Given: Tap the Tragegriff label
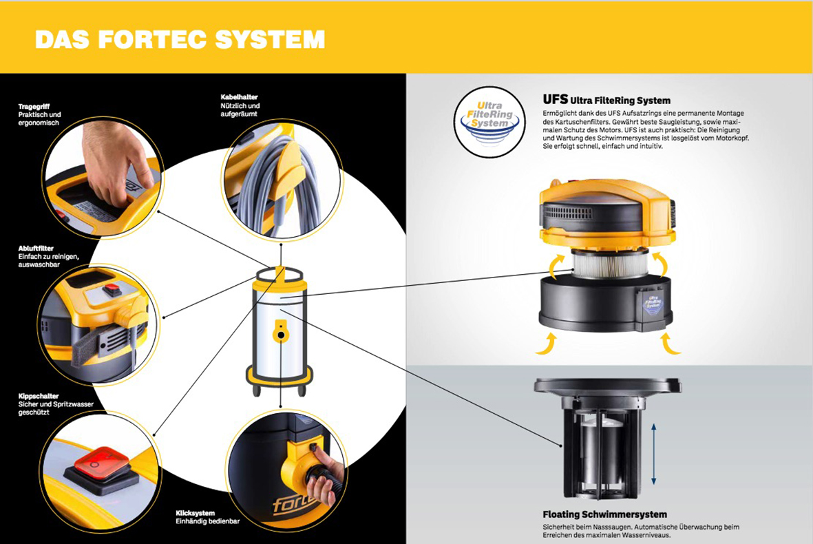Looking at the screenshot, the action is pyautogui.click(x=34, y=106).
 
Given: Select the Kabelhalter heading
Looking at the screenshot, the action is pyautogui.click(x=239, y=97).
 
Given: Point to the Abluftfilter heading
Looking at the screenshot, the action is pyautogui.click(x=36, y=249).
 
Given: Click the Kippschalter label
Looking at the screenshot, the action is pyautogui.click(x=39, y=396).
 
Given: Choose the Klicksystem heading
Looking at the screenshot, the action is pyautogui.click(x=195, y=513).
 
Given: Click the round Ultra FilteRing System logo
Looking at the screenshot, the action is pyautogui.click(x=489, y=122).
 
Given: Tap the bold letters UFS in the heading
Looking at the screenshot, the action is pyautogui.click(x=556, y=99).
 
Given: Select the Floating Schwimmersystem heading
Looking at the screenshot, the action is pyautogui.click(x=604, y=514).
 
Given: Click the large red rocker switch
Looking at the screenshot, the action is pyautogui.click(x=101, y=463).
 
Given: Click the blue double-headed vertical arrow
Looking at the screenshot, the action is pyautogui.click(x=654, y=454).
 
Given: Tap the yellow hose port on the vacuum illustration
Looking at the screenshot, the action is pyautogui.click(x=280, y=331).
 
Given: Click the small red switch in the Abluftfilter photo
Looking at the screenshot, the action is pyautogui.click(x=112, y=289).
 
